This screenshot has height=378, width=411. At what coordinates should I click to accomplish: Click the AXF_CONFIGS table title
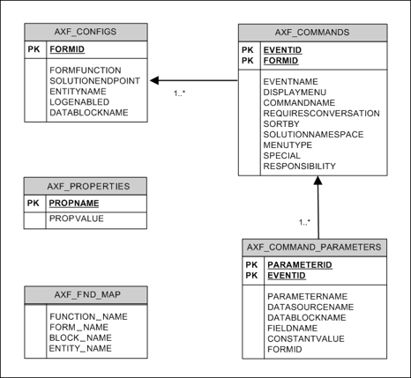(86, 32)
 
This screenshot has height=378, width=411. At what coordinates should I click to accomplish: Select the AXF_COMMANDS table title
(312, 33)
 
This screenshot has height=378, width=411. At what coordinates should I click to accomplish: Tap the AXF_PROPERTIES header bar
(86, 186)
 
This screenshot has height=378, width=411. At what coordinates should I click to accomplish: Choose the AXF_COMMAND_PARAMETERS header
(314, 247)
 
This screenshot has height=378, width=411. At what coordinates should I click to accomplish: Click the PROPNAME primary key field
(74, 203)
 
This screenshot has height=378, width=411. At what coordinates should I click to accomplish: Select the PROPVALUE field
(77, 219)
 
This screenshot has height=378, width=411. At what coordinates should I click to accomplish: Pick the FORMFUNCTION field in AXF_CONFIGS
(86, 69)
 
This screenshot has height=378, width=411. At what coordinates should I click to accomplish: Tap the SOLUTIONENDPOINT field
(94, 80)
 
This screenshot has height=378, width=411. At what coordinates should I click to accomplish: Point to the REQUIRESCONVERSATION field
(321, 113)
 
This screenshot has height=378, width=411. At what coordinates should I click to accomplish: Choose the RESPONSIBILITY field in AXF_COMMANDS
(299, 166)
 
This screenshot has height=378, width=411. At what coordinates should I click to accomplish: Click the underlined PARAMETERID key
(299, 264)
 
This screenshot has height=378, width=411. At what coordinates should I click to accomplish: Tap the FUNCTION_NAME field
(88, 315)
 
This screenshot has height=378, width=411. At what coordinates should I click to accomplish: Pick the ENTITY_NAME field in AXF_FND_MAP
(80, 348)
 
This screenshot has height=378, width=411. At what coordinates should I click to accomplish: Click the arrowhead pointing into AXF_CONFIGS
(154, 80)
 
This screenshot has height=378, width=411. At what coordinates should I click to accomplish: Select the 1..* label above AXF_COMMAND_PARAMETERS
(305, 222)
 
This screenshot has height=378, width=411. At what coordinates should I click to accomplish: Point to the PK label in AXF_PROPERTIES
(34, 203)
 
